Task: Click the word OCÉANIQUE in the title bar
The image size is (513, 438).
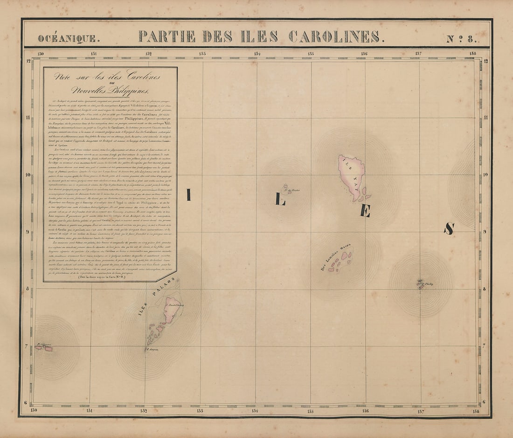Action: point(69,39)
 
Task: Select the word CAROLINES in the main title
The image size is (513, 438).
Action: point(336,36)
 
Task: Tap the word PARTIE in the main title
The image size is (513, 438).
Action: point(167,36)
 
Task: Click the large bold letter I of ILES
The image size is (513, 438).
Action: point(188,195)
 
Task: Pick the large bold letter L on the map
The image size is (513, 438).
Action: point(279,200)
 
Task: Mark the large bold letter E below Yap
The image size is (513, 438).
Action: point(365,211)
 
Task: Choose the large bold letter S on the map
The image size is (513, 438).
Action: point(449,228)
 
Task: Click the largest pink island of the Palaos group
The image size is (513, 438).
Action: point(172,309)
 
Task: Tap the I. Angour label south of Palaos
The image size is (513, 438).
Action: point(153,349)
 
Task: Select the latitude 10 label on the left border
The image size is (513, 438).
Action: point(28,175)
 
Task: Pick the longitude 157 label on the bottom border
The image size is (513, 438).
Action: point(420,411)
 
